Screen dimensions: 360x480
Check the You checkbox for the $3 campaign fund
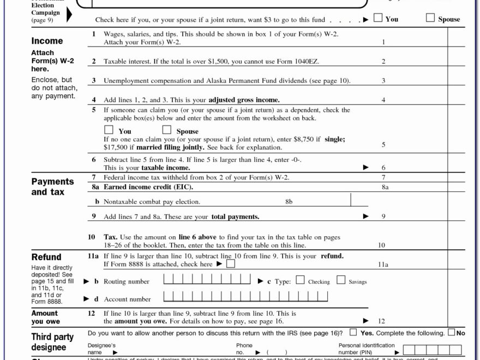[x=378, y=19]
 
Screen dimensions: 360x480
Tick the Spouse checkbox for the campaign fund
[x=430, y=19]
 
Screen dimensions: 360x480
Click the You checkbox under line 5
[x=109, y=130]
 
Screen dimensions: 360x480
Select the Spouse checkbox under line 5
[x=166, y=130]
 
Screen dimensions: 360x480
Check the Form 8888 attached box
[x=231, y=264]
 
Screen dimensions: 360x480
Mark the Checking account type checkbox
[x=301, y=280]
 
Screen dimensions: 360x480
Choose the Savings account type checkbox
[x=341, y=280]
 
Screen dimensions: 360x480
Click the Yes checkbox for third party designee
[x=353, y=332]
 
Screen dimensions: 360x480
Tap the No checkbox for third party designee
[x=452, y=332]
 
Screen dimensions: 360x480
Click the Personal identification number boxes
[x=432, y=349]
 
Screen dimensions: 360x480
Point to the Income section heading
[x=47, y=41]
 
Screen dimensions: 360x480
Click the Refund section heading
[x=46, y=257]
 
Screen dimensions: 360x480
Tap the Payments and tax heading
[x=52, y=187]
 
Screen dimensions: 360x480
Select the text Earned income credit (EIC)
[x=145, y=187]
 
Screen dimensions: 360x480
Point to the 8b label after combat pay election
[x=289, y=202]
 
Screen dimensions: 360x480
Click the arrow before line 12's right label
[x=366, y=321]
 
